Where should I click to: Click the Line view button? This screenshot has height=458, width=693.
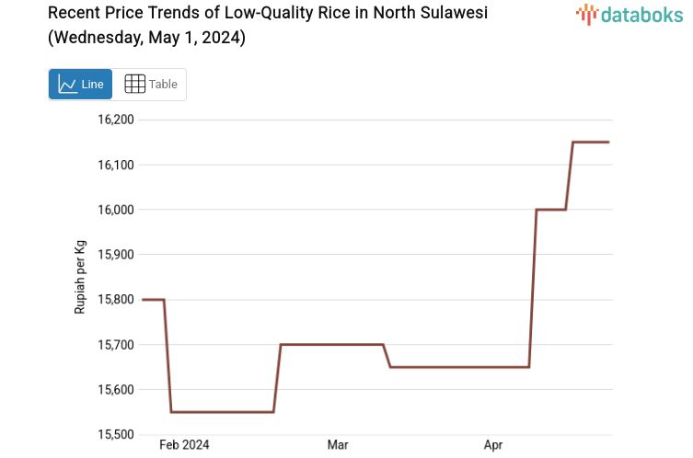[80, 84]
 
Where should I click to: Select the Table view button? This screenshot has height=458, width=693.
[150, 84]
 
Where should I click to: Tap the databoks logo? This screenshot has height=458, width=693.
[629, 14]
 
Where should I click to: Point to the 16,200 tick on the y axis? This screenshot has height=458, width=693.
[116, 120]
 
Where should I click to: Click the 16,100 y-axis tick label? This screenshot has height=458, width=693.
[116, 165]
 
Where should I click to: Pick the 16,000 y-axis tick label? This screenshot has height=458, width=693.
[116, 210]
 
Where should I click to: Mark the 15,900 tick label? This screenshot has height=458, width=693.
[116, 255]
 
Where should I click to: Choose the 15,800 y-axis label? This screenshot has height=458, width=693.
[116, 300]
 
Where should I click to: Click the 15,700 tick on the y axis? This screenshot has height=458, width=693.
[116, 345]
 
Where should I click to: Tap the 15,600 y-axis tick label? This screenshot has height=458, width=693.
[116, 390]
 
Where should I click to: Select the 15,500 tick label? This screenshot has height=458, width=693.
[116, 434]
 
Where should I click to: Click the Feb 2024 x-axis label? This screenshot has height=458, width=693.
[184, 445]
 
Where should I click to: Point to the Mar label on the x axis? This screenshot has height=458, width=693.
[338, 445]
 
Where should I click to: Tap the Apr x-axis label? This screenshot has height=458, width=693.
[494, 445]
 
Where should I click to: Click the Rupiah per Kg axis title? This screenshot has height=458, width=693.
[80, 277]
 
